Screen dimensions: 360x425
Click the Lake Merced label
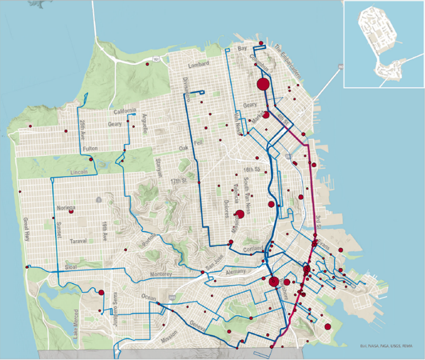pos(76,324)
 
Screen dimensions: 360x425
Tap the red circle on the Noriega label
pos(71,211)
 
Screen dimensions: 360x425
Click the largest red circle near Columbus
pos(263,84)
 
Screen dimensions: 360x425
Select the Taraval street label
pos(78,241)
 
